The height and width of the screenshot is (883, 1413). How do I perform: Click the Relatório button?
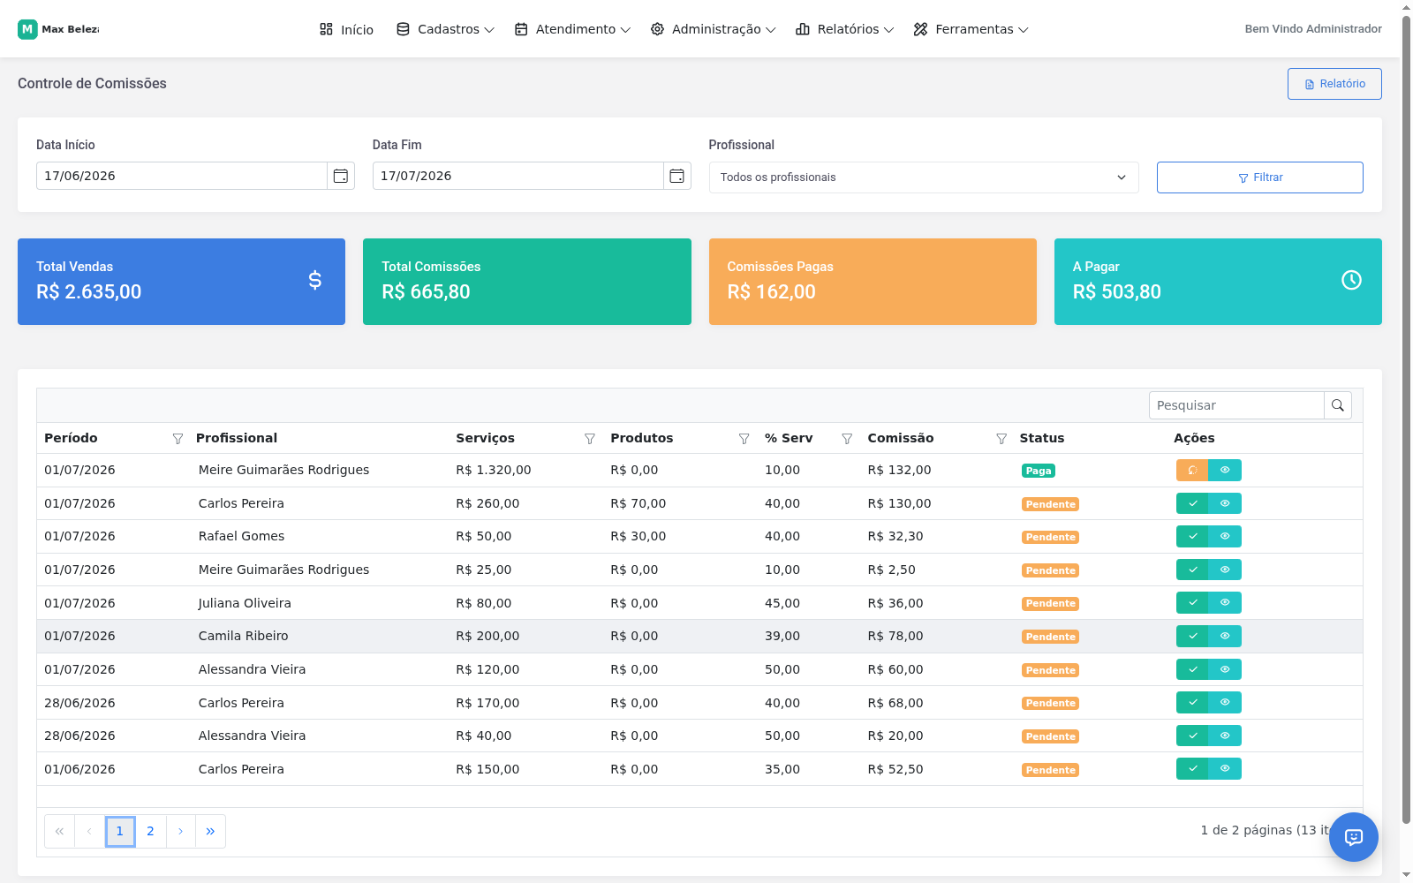tap(1334, 84)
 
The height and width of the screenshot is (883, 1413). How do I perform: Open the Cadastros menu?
tap(445, 30)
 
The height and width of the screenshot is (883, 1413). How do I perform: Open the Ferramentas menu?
tap(971, 30)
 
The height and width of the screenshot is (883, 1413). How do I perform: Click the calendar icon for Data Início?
tap(341, 176)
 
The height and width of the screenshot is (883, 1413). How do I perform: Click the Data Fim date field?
tap(518, 176)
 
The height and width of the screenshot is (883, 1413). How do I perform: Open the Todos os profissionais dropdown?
tap(924, 177)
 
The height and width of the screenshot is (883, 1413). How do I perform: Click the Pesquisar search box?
tap(1236, 405)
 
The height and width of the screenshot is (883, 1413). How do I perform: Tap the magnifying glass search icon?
tap(1337, 405)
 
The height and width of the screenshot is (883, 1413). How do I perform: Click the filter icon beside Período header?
tap(178, 438)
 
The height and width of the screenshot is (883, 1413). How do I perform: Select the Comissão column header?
tap(900, 438)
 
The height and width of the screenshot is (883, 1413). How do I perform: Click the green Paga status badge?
tap(1039, 471)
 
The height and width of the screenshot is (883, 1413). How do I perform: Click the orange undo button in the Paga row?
tap(1192, 471)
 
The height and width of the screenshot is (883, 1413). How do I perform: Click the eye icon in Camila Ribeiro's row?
tap(1225, 636)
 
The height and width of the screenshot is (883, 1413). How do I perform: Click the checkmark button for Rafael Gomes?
tap(1192, 537)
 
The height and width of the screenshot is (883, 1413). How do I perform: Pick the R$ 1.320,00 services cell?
tap(494, 470)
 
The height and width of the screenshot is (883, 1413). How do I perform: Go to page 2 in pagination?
tap(150, 831)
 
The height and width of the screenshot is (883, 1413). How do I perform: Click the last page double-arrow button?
tap(210, 831)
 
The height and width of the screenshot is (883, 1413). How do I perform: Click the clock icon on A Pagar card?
tap(1351, 280)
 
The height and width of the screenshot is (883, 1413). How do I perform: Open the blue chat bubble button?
tap(1354, 837)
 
